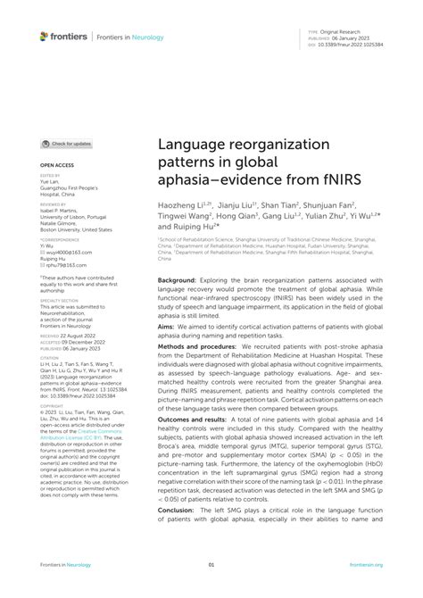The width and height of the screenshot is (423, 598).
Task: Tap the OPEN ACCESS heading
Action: point(57,166)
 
